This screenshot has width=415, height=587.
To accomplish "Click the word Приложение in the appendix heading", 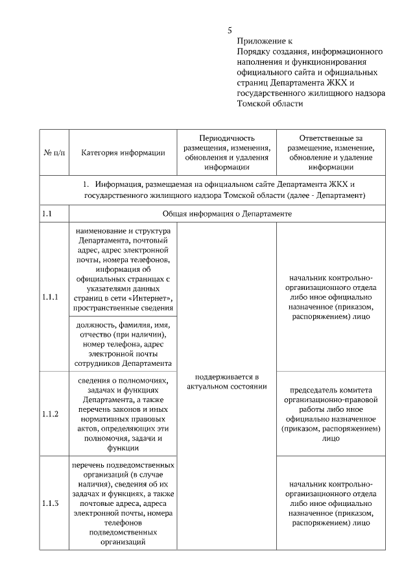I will pyautogui.click(x=258, y=40).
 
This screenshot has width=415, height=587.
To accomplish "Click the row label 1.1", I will pyautogui.click(x=47, y=213).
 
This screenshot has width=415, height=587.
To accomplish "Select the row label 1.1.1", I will pyautogui.click(x=51, y=297).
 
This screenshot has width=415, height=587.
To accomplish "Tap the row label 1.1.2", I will pyautogui.click(x=51, y=413).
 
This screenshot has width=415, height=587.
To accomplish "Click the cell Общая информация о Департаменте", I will pyautogui.click(x=227, y=213).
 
